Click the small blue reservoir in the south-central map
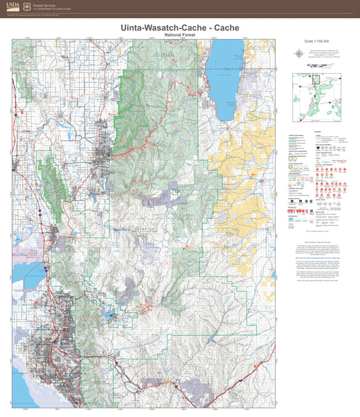pos(109,295)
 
